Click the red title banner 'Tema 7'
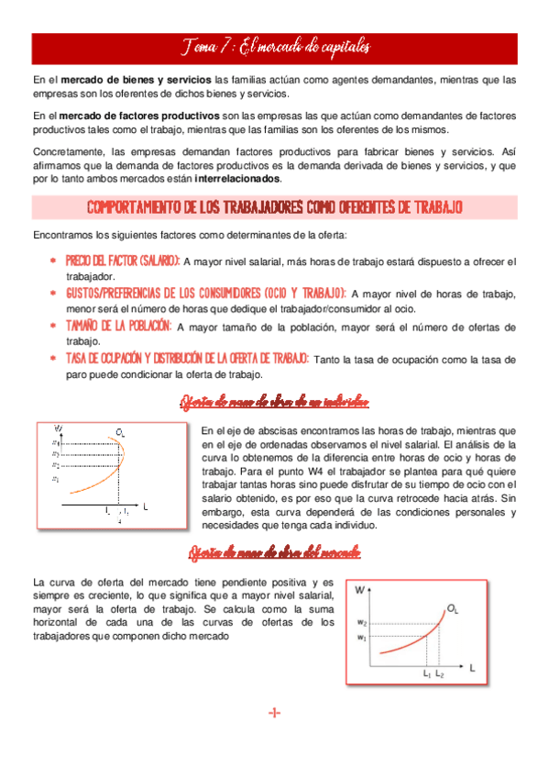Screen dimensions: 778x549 point(274,47)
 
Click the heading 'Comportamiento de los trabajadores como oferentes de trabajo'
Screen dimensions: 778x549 point(274,207)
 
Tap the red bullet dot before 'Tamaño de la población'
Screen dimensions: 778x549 point(54,326)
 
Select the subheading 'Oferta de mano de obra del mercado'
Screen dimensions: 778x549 point(274,552)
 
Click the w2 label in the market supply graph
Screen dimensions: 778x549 point(362,624)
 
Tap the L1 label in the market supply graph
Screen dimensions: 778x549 point(427,675)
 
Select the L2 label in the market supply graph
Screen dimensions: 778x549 point(440,675)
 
